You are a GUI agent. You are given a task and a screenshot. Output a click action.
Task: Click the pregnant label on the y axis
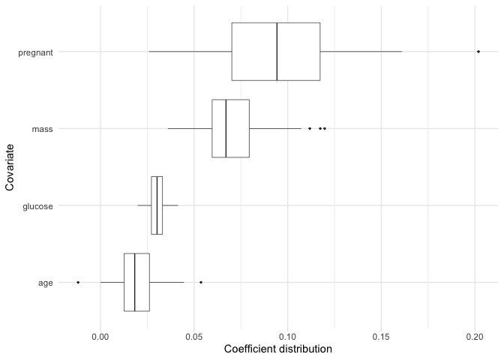point(35,52)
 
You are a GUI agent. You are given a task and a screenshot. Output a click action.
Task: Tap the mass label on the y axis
point(41,129)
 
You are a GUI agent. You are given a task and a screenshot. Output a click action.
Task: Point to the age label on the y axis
point(45,283)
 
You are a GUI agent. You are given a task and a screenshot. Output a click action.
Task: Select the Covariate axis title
point(10,167)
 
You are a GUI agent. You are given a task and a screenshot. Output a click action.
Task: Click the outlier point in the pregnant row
point(478,52)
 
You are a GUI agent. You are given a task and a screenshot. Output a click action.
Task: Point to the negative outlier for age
point(78,282)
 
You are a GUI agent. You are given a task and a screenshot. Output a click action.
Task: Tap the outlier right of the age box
point(201,282)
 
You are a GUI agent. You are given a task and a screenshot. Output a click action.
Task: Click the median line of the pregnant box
point(277,52)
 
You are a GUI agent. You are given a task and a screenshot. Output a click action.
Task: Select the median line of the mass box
point(226,128)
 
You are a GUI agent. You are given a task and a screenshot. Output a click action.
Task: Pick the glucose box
point(157,205)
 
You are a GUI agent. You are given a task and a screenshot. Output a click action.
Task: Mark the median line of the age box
point(134,282)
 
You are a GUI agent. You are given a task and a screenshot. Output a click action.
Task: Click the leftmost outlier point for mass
point(310,128)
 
